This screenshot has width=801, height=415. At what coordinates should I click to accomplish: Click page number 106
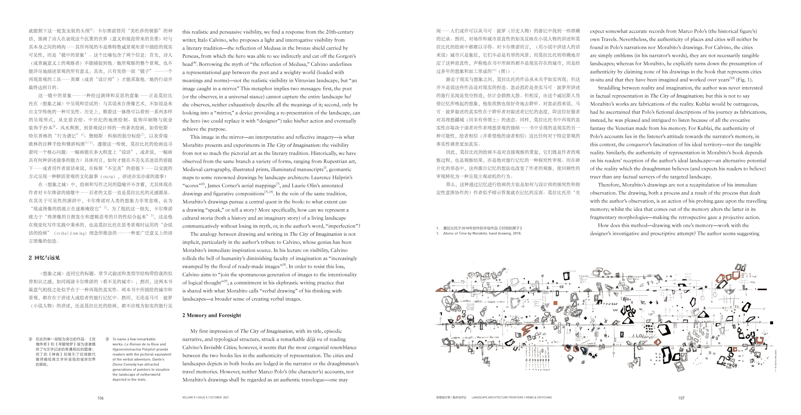100,398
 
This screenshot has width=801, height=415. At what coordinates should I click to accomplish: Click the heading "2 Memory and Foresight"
211,315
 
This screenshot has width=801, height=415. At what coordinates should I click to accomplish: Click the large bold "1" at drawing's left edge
441,314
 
